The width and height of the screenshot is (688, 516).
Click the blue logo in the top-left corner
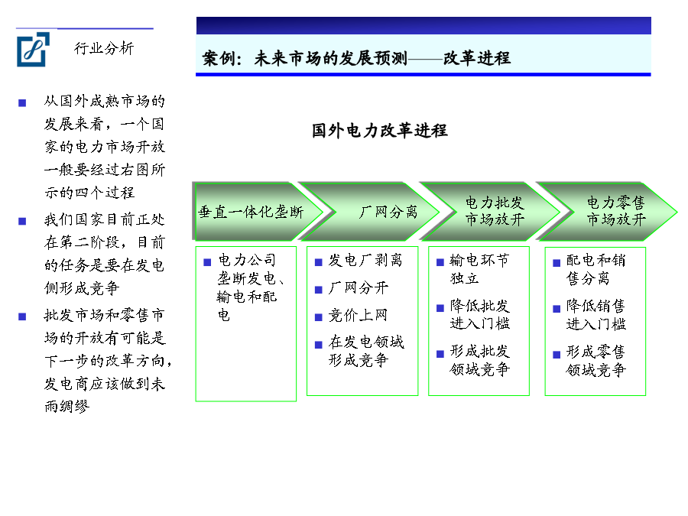click(33, 50)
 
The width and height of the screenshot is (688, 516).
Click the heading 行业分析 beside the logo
click(104, 48)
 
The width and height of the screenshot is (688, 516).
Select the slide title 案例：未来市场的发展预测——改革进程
click(356, 58)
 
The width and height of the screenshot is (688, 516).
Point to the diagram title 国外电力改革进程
click(379, 131)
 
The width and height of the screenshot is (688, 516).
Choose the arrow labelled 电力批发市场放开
click(491, 212)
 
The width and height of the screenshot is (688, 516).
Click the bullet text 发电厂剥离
click(365, 260)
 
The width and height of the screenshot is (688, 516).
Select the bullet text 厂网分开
click(359, 288)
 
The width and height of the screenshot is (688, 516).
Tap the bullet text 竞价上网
click(358, 315)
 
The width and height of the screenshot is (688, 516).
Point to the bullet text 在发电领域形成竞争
click(366, 351)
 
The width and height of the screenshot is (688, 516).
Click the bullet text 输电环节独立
click(479, 269)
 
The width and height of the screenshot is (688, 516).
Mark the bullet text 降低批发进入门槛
click(479, 315)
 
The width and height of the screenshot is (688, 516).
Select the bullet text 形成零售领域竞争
click(596, 361)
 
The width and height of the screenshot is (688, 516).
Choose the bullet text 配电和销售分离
click(596, 269)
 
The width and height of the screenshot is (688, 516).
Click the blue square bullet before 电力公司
click(207, 262)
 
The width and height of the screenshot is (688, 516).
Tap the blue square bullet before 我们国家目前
click(22, 221)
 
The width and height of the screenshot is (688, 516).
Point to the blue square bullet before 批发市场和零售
click(22, 316)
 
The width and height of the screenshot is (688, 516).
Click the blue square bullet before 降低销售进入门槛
click(557, 309)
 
